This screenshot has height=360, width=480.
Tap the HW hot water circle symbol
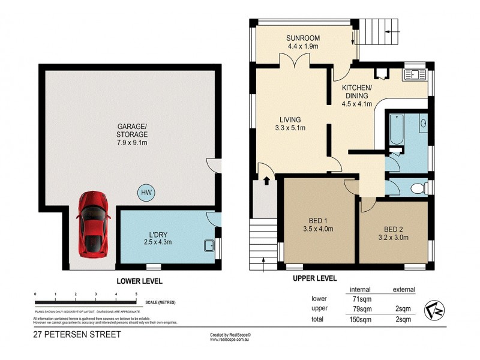[145, 193]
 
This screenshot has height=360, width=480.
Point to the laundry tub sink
[209, 245]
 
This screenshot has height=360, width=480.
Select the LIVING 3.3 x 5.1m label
[289, 124]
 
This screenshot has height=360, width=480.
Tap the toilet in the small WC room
[418, 188]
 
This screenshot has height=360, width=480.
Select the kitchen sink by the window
[414, 75]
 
